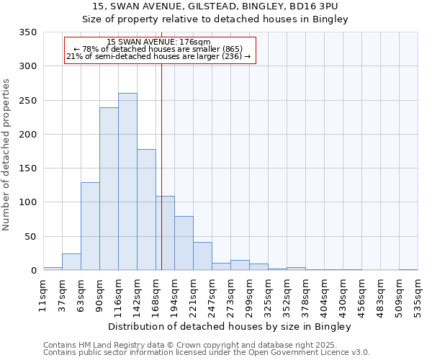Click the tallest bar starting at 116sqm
point(127,181)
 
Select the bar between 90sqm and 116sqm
point(109,189)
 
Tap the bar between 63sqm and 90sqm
point(90,226)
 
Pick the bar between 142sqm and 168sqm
point(146,210)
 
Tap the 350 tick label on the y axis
point(27,32)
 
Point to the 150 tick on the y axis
point(27,168)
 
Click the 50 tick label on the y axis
point(30,236)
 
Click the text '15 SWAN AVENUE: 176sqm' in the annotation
point(158,42)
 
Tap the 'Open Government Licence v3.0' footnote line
point(207,353)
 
